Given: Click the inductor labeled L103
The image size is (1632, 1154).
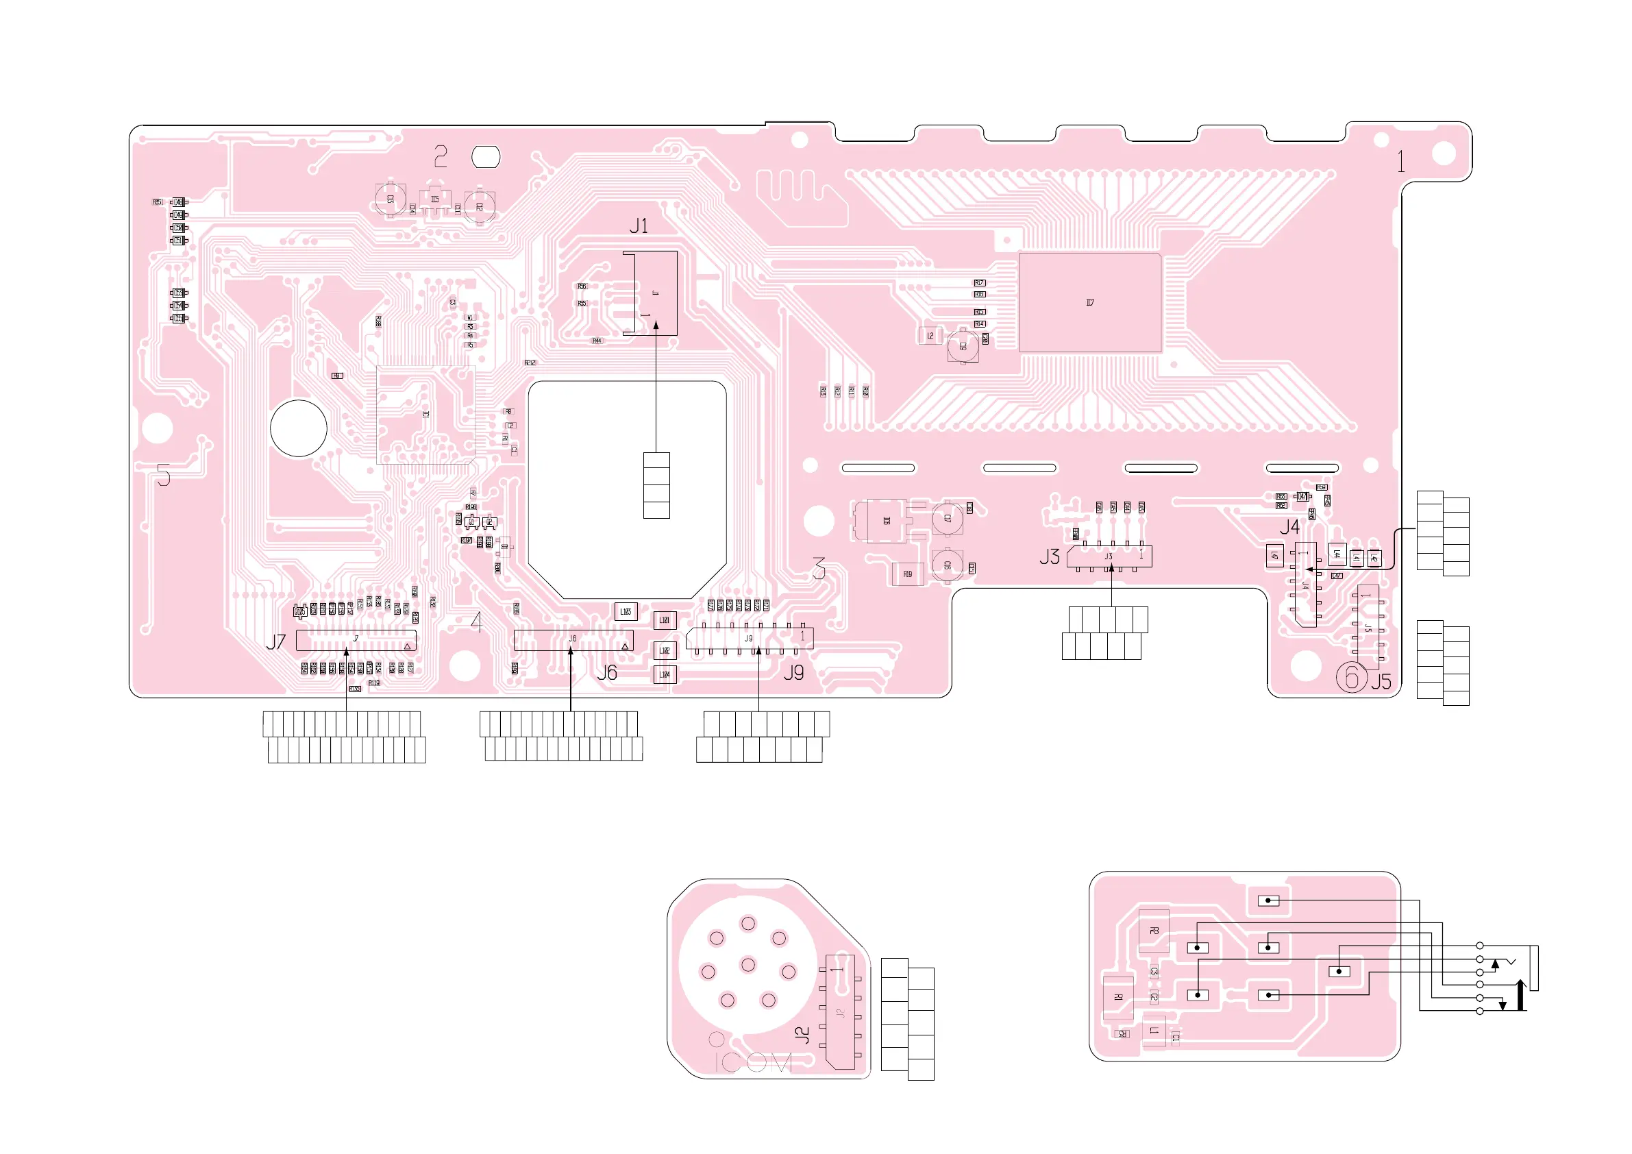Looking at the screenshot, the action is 626,611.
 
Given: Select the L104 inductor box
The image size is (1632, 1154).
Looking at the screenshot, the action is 665,674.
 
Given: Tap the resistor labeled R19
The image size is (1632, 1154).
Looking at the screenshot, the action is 908,574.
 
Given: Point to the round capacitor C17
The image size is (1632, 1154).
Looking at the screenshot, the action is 948,518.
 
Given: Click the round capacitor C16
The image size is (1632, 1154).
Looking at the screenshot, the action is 948,565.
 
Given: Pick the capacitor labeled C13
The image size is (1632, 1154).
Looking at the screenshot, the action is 391,199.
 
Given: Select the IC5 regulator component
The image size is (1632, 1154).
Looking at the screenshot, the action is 435,200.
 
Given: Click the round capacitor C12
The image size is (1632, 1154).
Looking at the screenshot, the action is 480,206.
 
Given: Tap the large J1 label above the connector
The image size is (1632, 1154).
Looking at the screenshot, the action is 639,226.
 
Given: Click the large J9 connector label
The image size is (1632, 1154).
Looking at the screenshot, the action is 794,673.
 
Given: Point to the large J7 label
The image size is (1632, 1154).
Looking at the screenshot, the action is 276,642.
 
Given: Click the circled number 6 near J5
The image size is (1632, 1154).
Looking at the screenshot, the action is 1351,677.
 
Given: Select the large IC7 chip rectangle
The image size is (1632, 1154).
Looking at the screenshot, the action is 1089,302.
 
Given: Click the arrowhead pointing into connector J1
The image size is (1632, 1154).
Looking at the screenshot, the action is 656,325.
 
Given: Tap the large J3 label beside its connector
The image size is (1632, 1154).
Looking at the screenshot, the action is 1049,556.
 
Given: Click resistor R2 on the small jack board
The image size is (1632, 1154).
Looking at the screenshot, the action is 1154,931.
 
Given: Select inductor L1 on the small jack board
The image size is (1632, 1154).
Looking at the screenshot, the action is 1154,1030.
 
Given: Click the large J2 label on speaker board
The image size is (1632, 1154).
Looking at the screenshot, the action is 802,1035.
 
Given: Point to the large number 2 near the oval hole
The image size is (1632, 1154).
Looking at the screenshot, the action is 441,156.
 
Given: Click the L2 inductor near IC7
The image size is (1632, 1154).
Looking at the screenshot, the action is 930,336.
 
